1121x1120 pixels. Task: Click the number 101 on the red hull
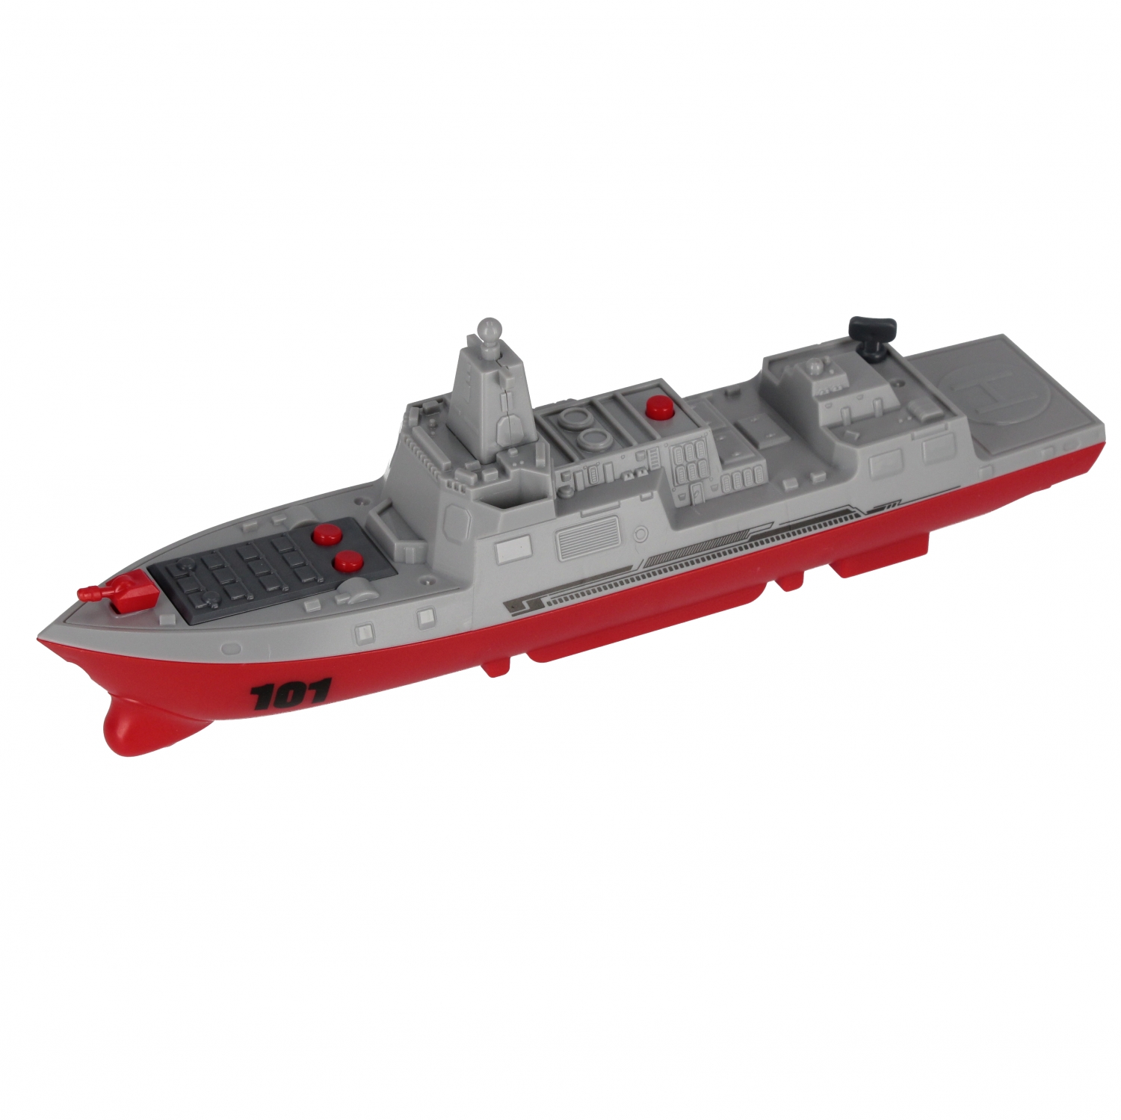point(290,696)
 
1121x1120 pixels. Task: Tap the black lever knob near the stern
point(866,329)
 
